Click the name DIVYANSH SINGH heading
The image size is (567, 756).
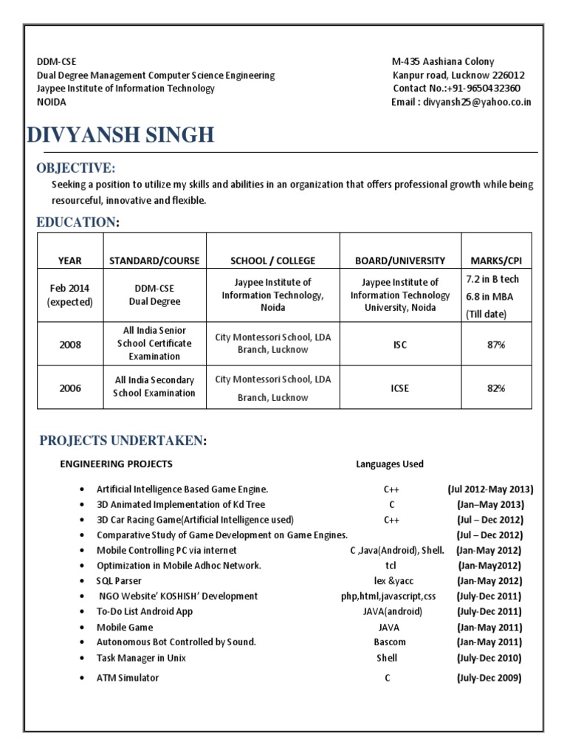click(x=120, y=135)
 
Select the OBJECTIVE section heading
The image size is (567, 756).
click(x=76, y=168)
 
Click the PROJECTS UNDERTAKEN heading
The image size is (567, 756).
click(x=123, y=441)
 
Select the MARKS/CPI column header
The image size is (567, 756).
click(x=495, y=260)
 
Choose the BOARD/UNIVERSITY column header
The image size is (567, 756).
click(x=400, y=260)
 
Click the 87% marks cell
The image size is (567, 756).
click(x=495, y=344)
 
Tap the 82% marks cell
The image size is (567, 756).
click(x=495, y=388)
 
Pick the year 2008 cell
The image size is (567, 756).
click(x=70, y=344)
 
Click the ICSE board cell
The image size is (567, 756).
click(x=400, y=388)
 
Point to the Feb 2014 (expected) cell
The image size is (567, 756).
click(x=70, y=295)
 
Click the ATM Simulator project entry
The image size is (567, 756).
click(x=128, y=678)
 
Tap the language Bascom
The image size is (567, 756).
click(x=389, y=642)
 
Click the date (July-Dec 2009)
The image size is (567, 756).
click(x=489, y=678)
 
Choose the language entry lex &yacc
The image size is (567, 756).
click(x=389, y=580)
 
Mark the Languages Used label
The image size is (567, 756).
click(x=389, y=464)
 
